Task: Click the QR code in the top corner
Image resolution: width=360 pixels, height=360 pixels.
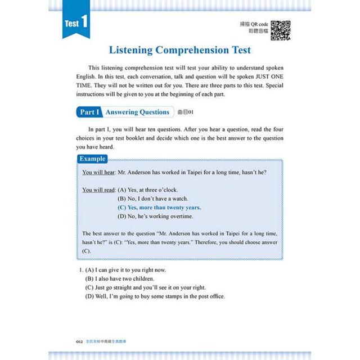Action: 281,29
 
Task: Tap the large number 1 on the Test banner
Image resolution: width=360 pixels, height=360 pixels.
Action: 83,23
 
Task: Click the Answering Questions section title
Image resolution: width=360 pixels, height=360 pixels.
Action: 137,112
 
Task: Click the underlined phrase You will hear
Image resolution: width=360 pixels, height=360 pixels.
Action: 98,172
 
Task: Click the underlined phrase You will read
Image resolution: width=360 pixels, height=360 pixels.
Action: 99,190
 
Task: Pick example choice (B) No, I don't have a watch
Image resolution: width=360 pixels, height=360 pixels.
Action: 153,199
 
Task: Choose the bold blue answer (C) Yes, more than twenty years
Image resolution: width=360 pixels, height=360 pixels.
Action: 159,207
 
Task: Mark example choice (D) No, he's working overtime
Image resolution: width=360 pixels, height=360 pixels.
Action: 155,216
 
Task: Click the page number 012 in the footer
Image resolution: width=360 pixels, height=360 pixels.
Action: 79,340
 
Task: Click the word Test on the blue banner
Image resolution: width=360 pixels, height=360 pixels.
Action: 71,24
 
